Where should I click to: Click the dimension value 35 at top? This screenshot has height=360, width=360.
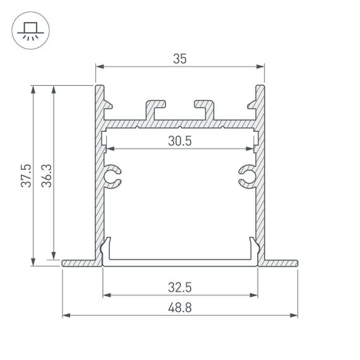[179, 59]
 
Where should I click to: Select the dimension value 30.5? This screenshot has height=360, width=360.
[179, 141]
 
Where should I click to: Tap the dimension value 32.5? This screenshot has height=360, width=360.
[180, 287]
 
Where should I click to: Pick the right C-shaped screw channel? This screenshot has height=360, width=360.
[247, 177]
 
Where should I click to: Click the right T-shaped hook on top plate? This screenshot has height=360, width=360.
[205, 107]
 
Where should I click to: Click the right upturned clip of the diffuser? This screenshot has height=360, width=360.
[254, 248]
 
